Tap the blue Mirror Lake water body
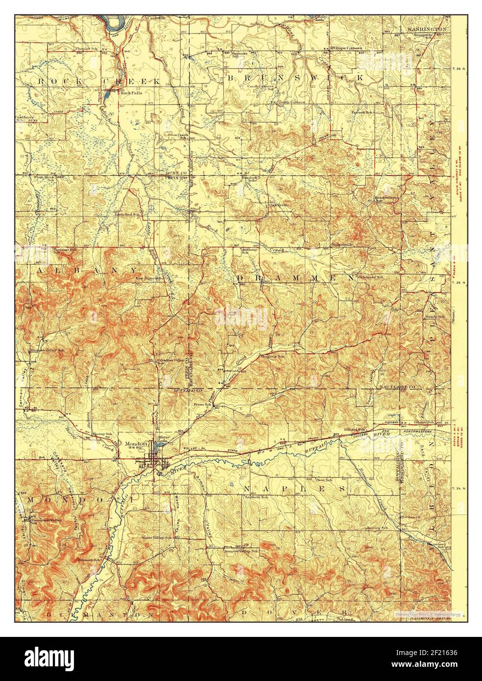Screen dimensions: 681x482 (x=158, y=448)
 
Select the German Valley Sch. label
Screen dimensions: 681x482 (x=47, y=350)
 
